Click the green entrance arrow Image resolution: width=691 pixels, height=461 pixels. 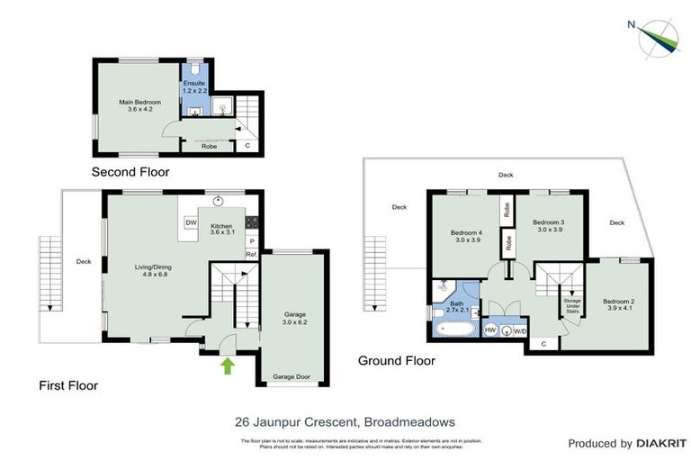click(x=228, y=366)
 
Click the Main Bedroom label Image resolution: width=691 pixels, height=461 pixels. click(x=140, y=107)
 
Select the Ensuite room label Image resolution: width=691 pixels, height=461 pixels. click(x=195, y=88)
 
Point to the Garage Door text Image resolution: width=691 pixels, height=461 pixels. click(x=292, y=377)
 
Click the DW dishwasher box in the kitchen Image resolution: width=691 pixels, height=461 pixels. click(x=191, y=221)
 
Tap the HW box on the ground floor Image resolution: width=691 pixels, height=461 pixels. click(x=490, y=330)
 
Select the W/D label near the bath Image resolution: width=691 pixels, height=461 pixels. click(x=519, y=331)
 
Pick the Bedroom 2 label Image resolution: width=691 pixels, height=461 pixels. click(x=619, y=306)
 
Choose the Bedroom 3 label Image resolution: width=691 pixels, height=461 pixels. click(x=548, y=227)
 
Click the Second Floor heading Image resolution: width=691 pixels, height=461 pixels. click(x=130, y=171)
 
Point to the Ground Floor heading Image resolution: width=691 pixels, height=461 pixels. click(x=396, y=360)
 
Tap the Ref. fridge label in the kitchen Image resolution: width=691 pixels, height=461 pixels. click(x=252, y=255)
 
